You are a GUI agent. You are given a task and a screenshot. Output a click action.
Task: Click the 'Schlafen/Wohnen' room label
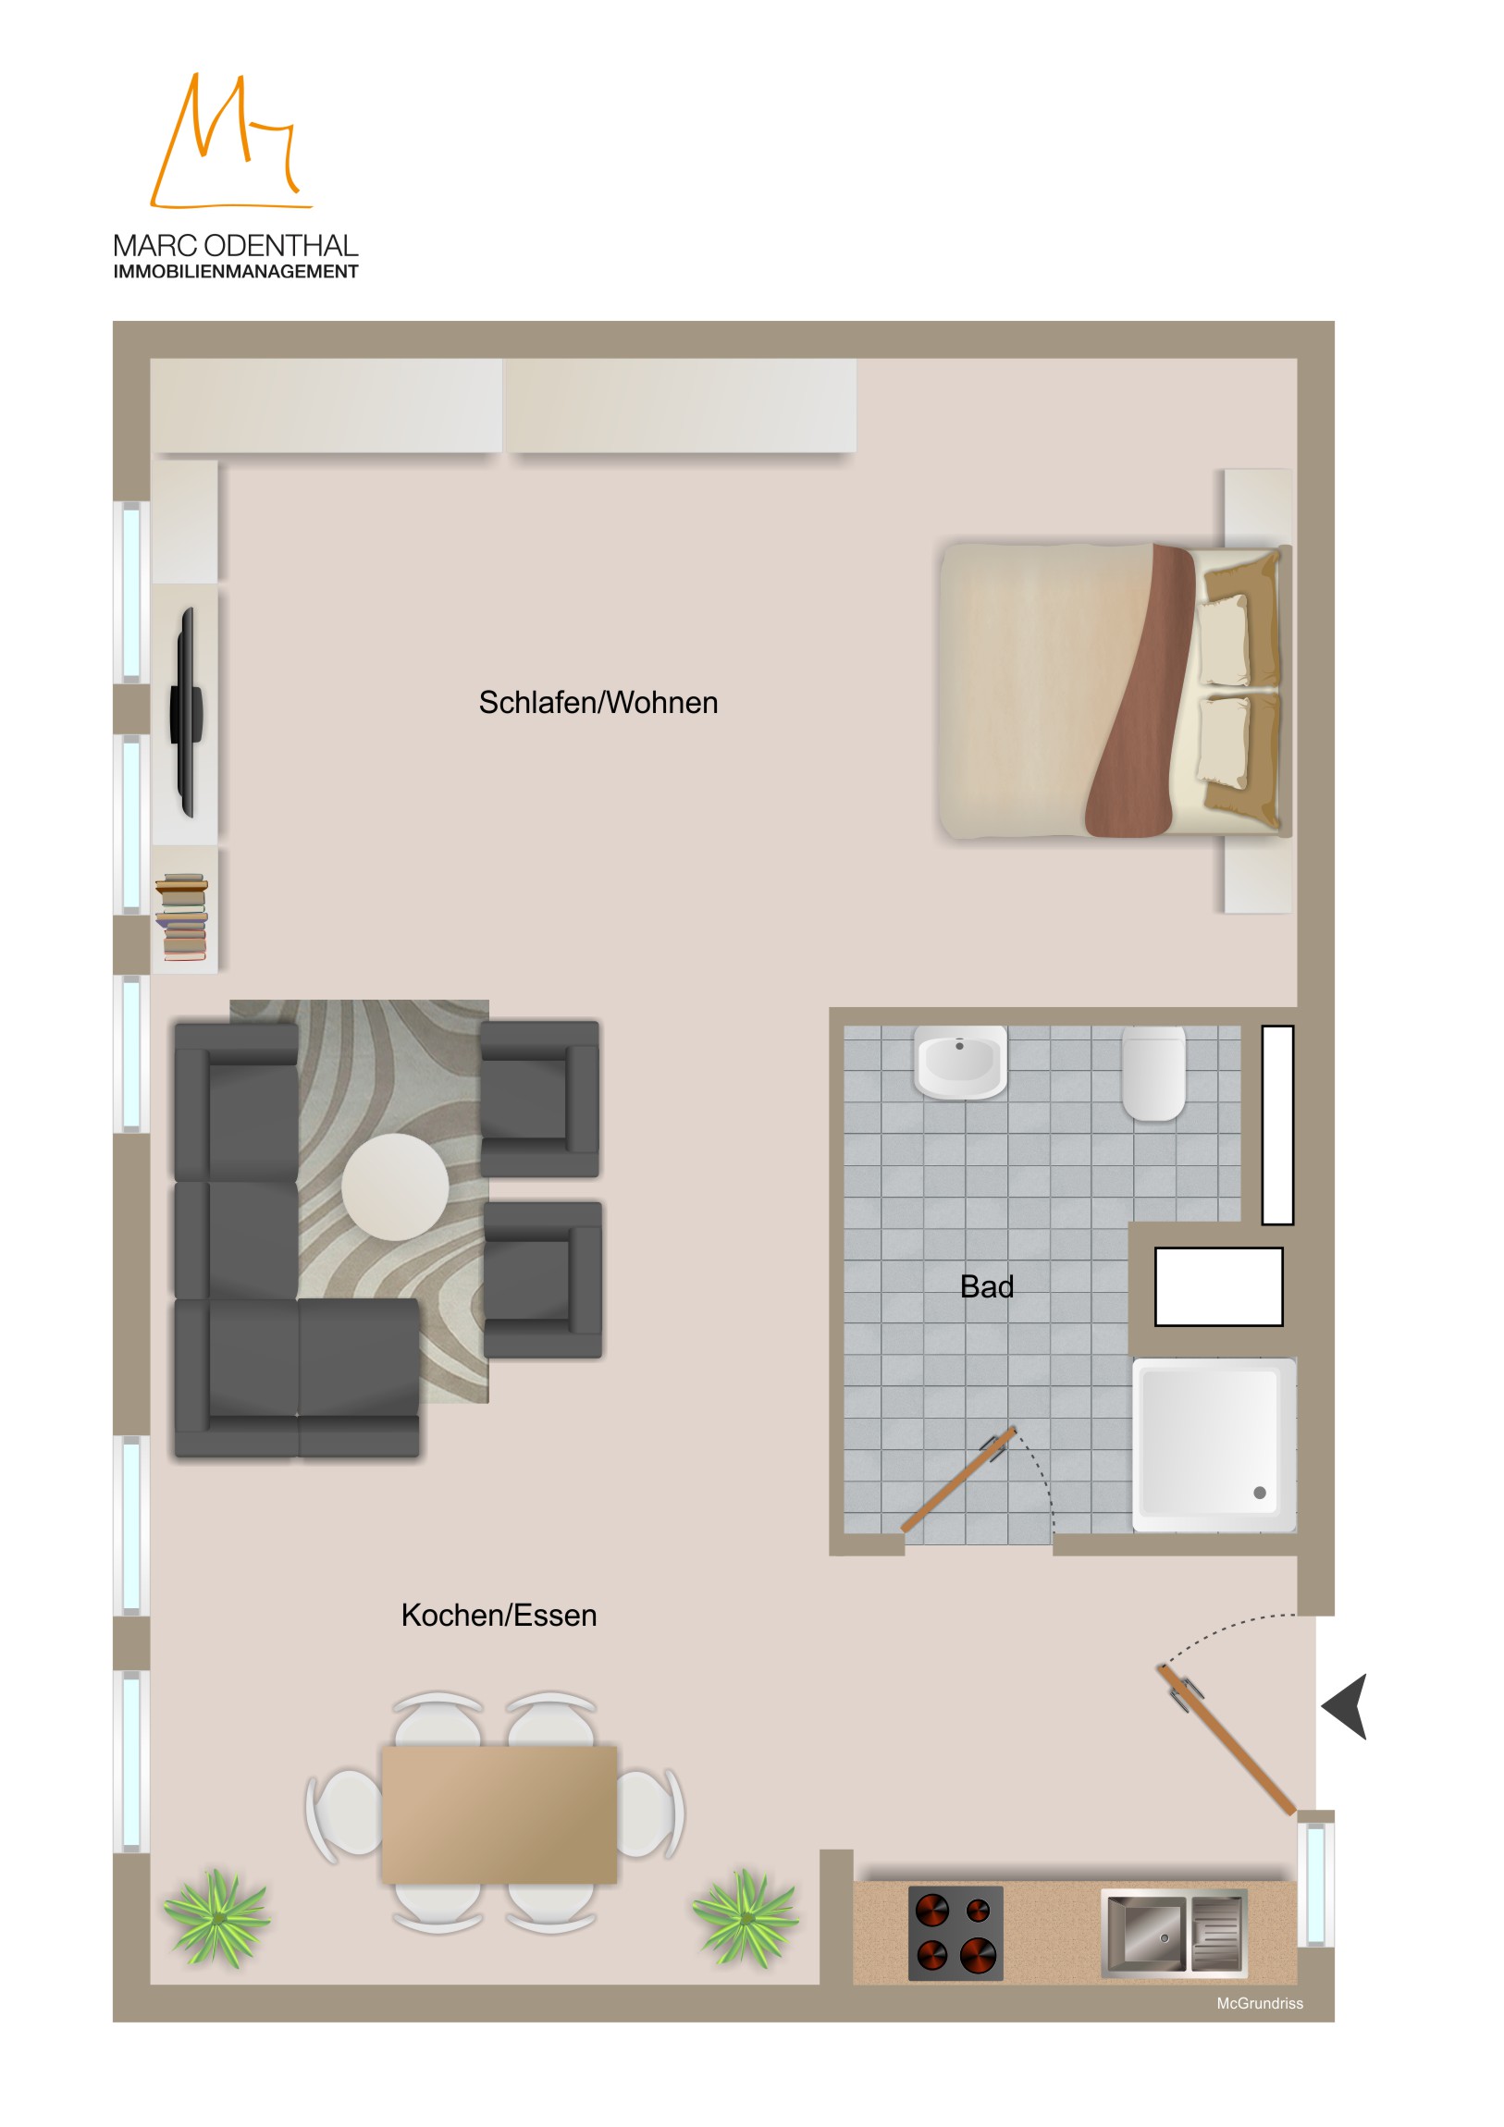point(598,703)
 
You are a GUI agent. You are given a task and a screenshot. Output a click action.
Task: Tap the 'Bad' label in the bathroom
point(986,1286)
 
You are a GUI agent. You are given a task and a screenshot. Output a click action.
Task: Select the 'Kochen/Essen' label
point(499,1616)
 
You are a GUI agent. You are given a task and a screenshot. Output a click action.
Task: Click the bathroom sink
point(960,1061)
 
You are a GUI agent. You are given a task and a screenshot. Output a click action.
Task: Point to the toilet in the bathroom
point(1153,1073)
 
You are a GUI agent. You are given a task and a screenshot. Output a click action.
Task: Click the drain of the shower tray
point(1260,1493)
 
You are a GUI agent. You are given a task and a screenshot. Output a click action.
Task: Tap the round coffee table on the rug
point(396,1186)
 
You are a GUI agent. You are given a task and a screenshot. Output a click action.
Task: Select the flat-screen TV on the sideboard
point(186,712)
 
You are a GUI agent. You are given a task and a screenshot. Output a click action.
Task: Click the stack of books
point(181,916)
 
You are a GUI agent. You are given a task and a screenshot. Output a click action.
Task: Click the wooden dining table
point(499,1814)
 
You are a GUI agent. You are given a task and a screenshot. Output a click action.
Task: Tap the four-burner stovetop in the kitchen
point(955,1934)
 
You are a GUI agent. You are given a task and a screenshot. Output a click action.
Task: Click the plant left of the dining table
point(216,1917)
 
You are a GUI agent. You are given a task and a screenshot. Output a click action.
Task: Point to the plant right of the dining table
point(745,1919)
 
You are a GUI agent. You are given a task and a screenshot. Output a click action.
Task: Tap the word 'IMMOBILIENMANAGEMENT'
point(235,272)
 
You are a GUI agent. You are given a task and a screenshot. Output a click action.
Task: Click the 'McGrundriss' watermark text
point(1260,2003)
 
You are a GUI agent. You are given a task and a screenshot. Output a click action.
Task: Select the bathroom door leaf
point(959,1481)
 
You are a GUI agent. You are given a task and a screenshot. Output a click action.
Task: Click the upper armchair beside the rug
point(539,1099)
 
